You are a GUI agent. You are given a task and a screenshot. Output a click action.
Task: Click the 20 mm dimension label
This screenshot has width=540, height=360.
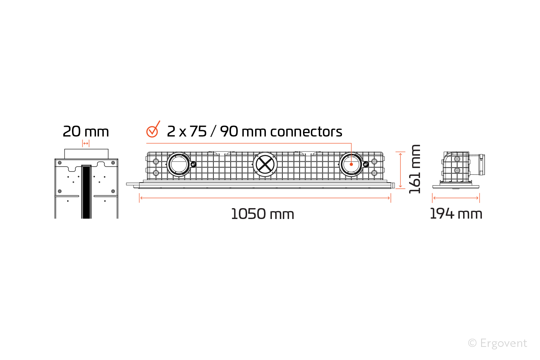point(86,132)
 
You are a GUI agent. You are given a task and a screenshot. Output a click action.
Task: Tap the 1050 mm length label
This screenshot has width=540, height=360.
point(262,214)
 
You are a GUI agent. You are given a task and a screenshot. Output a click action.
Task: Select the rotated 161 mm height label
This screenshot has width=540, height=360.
point(415,169)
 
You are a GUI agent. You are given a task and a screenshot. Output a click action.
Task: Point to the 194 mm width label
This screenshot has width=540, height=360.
point(456,214)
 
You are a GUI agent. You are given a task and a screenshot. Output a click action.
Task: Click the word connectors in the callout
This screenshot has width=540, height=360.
point(306,132)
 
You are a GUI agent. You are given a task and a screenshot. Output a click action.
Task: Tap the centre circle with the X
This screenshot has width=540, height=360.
point(265,165)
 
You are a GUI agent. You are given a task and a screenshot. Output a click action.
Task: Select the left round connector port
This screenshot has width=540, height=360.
point(179,165)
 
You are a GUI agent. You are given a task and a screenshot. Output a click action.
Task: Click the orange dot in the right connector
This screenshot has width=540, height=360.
point(351,164)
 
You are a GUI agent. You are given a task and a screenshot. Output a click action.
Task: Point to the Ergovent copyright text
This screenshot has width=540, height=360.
point(498,343)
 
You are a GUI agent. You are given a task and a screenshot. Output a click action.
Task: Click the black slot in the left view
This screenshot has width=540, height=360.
point(86,192)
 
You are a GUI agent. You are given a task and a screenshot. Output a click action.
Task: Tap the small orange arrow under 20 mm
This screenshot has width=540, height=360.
point(86,144)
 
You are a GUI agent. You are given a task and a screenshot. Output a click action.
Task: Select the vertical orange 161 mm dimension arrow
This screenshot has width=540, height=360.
point(400,170)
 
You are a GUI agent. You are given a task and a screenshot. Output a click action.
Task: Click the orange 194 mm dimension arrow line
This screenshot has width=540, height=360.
point(456,198)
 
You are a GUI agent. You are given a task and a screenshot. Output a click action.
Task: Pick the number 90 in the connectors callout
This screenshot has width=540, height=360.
point(229,132)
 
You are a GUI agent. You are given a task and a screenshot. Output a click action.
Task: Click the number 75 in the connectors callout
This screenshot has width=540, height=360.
point(198,132)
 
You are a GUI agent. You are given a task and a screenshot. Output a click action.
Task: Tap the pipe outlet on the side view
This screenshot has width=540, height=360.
point(477,165)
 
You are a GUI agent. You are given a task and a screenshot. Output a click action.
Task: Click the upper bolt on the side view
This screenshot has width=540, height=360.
point(457,159)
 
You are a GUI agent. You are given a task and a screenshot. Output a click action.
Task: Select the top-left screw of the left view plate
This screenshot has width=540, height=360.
point(60,163)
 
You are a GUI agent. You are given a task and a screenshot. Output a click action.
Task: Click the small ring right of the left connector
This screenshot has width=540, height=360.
point(193,165)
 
